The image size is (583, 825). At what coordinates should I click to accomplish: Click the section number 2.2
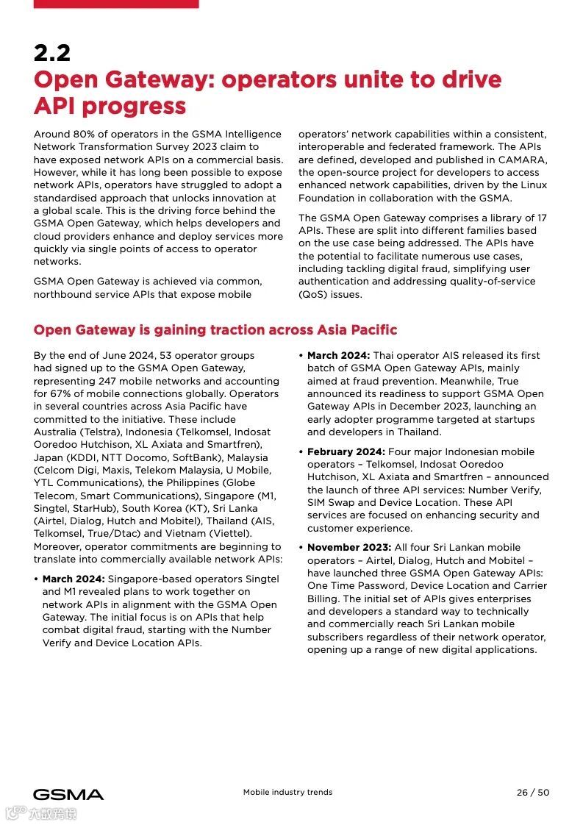52,53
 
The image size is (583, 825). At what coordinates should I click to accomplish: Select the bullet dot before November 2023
301,547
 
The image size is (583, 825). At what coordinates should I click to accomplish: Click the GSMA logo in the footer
68,794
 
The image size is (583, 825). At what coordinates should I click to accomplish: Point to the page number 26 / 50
532,793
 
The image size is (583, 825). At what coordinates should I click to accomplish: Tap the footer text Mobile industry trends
287,793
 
